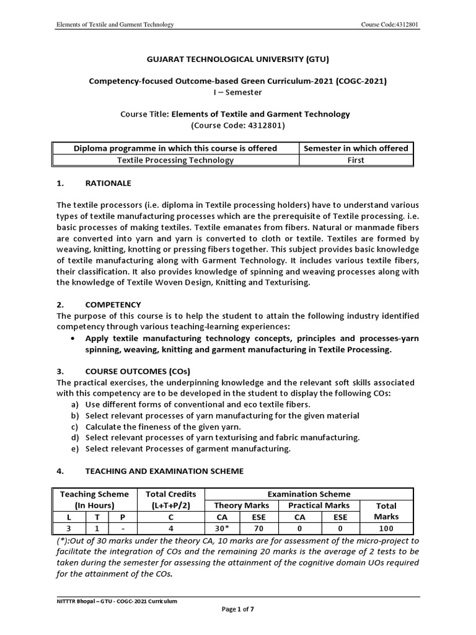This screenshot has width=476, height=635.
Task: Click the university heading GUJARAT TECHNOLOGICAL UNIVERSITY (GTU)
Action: (x=238, y=60)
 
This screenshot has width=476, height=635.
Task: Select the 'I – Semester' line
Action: (x=237, y=92)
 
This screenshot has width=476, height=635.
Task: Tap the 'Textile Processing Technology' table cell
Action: (x=176, y=160)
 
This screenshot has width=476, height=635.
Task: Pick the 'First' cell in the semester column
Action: (x=356, y=160)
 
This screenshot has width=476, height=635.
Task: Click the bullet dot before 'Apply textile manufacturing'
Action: (x=74, y=339)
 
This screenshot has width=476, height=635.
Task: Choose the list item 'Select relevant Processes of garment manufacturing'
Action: (x=188, y=448)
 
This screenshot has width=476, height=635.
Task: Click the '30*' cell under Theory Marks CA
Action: (x=221, y=528)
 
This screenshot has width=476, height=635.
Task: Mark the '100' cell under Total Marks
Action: (x=387, y=528)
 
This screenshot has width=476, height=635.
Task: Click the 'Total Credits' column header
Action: (x=170, y=494)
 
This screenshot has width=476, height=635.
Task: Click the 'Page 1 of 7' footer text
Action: (x=238, y=610)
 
